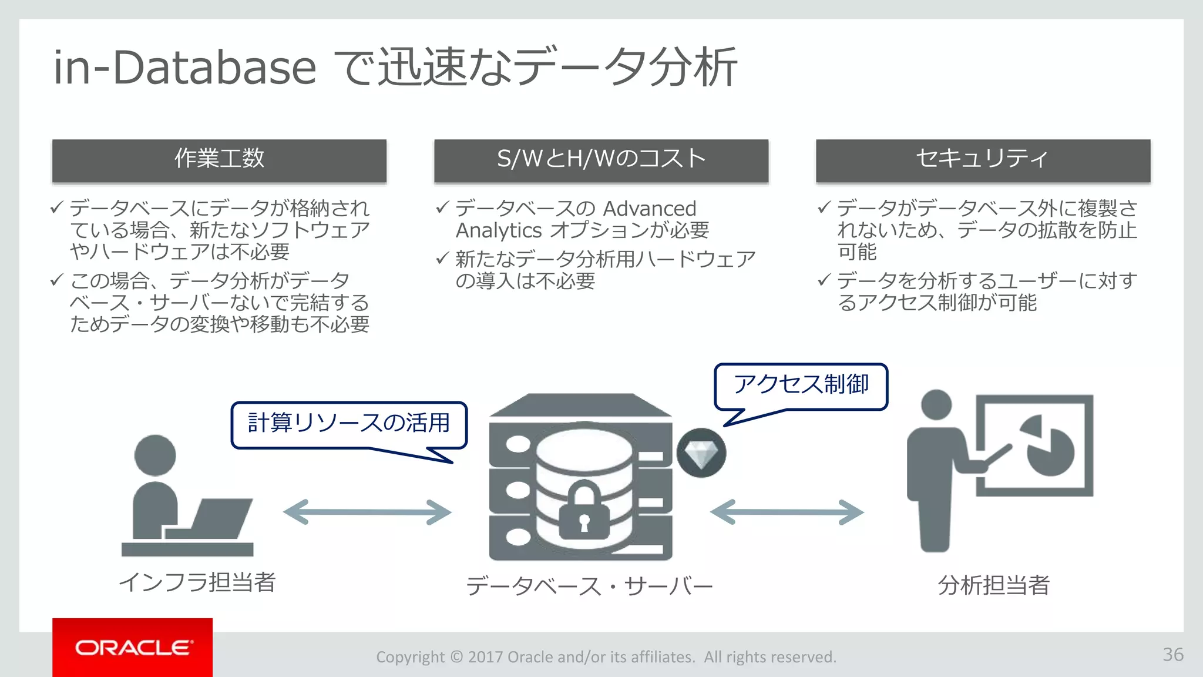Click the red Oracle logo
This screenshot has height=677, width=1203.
133,647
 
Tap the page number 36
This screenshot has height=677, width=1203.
1172,654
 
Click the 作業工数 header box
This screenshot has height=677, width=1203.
219,159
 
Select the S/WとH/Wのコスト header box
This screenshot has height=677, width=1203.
601,159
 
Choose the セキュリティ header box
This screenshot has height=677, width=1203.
983,159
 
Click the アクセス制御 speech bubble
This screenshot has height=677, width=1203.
801,386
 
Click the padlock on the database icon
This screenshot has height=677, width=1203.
583,511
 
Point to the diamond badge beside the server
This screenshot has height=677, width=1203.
701,453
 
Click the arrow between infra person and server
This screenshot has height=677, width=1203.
367,512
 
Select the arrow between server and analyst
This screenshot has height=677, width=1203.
787,512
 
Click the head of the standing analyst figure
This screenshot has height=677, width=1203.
936,405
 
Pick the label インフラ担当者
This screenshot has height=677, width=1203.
197,582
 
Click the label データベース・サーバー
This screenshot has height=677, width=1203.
589,586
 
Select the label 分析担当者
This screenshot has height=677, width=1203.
993,585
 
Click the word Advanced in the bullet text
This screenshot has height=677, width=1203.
649,209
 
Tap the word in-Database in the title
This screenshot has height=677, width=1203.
184,68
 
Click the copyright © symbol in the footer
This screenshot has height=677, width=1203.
456,656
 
